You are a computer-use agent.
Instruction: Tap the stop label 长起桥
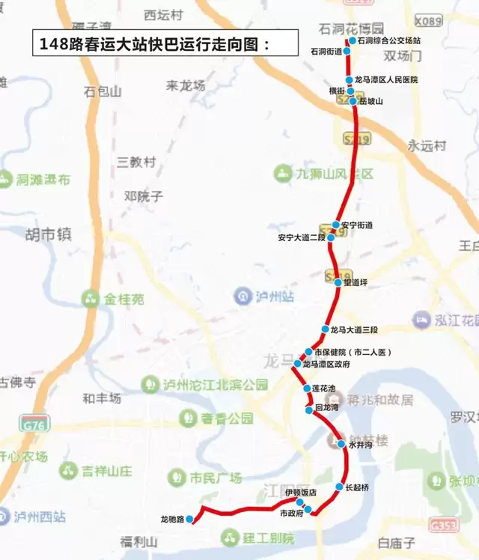(358, 487)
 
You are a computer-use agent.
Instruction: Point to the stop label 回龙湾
(327, 410)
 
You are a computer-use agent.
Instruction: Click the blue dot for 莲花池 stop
(307, 389)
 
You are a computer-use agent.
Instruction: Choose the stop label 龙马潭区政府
(326, 364)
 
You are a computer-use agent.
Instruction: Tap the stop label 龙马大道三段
(354, 329)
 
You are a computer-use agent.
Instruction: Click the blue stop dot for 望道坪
(338, 282)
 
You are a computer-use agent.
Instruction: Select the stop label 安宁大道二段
(301, 238)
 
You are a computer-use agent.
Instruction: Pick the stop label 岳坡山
(370, 100)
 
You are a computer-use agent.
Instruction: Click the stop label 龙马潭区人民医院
(386, 79)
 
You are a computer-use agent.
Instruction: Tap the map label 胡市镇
(48, 234)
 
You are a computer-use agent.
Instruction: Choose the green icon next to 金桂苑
(91, 299)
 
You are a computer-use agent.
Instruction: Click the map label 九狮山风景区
(334, 174)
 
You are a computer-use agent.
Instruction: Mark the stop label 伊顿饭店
(301, 493)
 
